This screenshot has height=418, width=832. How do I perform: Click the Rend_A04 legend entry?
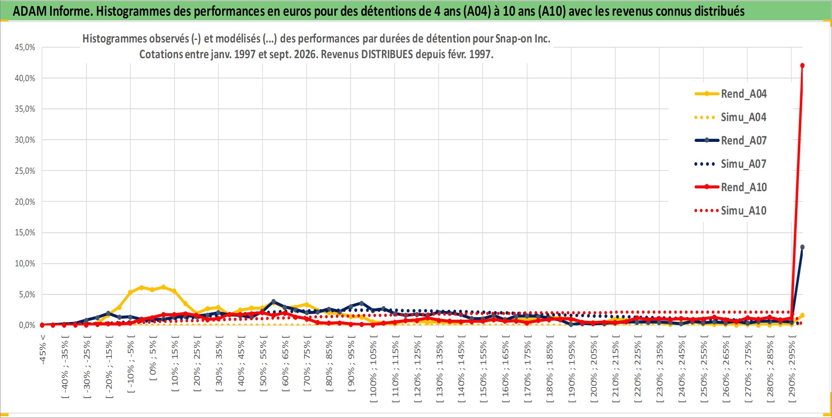730,94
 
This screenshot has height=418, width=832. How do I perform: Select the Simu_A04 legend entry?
730,117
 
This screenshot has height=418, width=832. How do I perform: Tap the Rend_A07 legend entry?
730,141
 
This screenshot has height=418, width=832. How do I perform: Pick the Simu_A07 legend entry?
730,164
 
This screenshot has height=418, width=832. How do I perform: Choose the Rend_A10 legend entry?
730,187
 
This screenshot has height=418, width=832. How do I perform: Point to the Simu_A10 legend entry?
730,211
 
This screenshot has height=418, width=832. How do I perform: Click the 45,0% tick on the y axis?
25,47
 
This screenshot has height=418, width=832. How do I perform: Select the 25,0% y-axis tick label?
25,171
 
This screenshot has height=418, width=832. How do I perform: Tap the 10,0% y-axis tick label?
25,263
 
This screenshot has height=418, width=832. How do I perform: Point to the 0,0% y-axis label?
27,325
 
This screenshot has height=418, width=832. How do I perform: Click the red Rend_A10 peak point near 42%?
802,65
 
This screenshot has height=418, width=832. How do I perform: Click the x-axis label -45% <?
42,350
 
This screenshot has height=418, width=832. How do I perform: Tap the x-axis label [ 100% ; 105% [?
374,369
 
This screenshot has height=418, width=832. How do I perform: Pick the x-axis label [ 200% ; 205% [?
594,369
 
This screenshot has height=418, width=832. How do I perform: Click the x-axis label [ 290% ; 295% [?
792,369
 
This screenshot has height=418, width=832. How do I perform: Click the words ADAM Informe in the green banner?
53,11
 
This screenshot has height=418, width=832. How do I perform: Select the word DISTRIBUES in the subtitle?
387,54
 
